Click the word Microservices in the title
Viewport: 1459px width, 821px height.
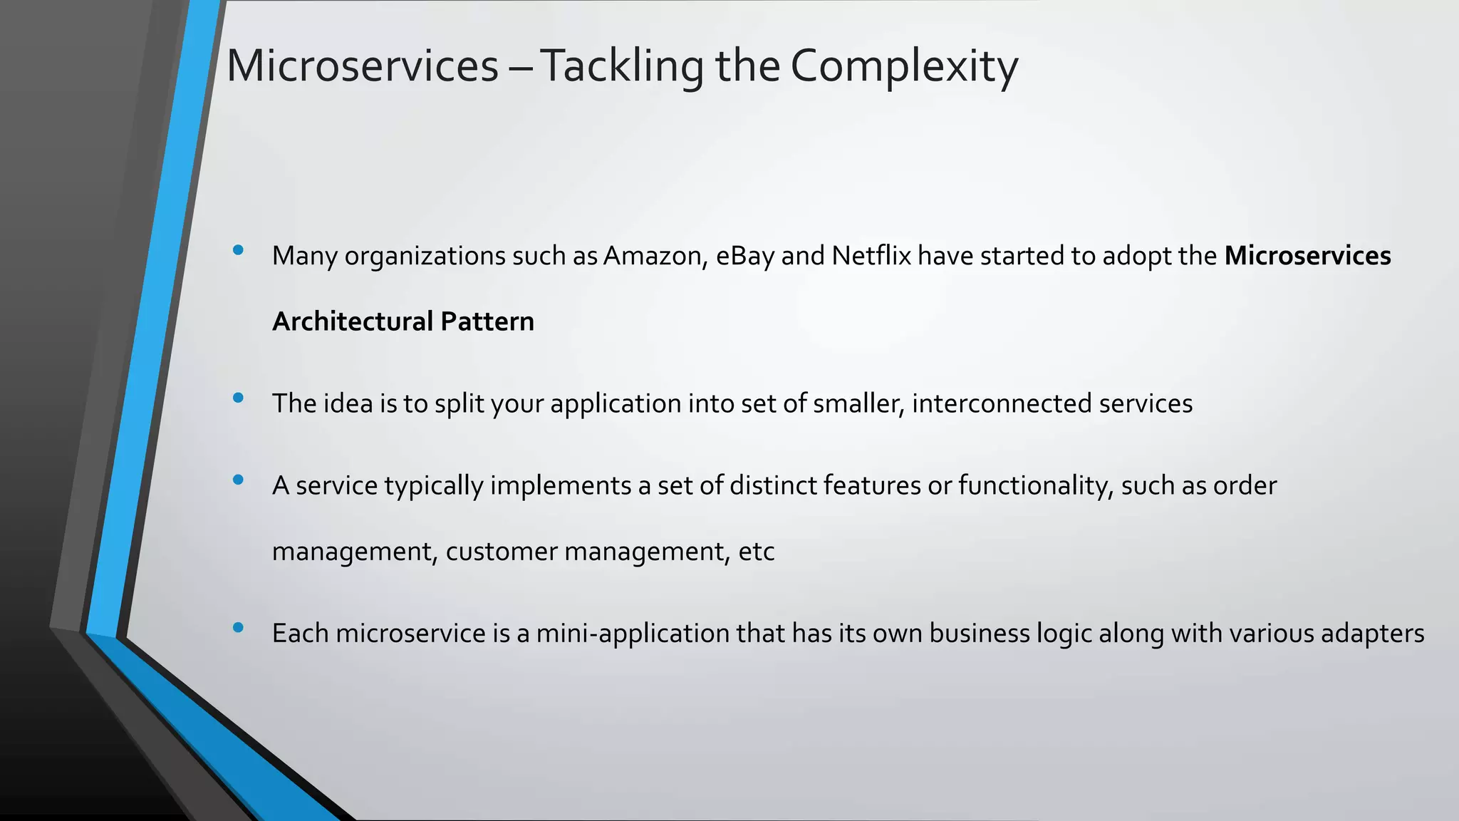point(362,66)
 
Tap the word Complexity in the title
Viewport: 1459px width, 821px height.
point(903,66)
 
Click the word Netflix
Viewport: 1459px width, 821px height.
point(871,256)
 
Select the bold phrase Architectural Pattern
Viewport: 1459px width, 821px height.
point(403,321)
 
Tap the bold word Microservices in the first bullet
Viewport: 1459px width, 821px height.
point(1307,256)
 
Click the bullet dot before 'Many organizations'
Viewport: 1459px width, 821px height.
point(238,250)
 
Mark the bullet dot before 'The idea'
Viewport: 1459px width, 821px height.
point(238,398)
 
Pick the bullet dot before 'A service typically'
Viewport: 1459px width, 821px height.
point(238,480)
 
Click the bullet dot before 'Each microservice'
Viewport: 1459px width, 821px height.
point(238,627)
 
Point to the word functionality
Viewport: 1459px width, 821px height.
point(1035,486)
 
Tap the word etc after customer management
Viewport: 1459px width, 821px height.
point(757,552)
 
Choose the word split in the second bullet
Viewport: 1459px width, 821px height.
point(459,403)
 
